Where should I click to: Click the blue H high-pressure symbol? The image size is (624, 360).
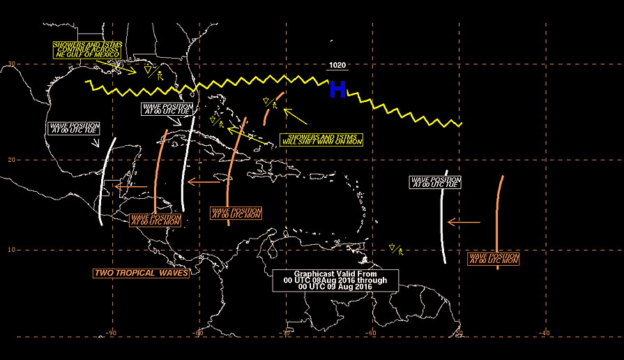(337, 89)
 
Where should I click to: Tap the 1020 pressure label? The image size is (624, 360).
(337, 66)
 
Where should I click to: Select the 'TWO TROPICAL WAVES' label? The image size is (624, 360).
(142, 273)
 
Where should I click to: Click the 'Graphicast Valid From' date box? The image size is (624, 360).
(335, 280)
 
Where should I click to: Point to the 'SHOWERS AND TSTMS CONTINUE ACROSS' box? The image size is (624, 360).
(88, 50)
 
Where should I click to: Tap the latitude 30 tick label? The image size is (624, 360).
(12, 63)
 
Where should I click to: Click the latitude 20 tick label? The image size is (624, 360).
(12, 160)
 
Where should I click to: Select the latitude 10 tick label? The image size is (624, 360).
(12, 250)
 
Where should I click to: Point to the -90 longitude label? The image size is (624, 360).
(111, 333)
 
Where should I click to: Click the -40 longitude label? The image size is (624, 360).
(545, 333)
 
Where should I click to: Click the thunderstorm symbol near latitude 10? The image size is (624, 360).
(397, 250)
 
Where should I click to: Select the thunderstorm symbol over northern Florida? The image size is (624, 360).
(153, 72)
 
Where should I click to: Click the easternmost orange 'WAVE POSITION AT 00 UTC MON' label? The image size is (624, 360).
(494, 259)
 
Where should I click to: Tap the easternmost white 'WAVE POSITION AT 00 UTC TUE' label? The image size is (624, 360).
(435, 182)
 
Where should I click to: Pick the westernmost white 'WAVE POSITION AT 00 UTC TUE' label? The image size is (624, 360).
(74, 128)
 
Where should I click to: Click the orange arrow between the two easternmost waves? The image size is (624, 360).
(464, 223)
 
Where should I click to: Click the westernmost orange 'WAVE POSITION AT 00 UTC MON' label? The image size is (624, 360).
(155, 220)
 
